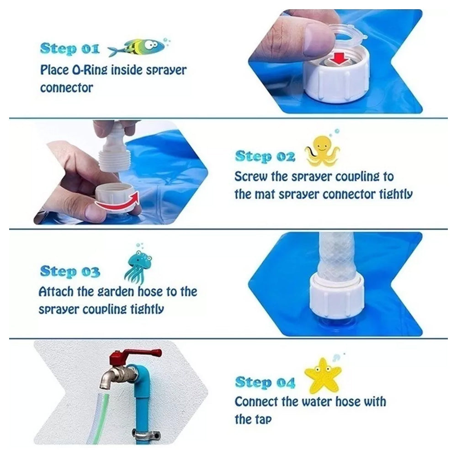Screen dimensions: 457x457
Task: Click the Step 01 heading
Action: point(69,48)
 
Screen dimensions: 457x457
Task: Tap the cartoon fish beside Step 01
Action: point(137,47)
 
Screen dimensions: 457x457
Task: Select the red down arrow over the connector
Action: point(339,58)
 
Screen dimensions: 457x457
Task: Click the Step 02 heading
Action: point(265,156)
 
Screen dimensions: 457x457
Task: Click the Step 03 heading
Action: point(70,271)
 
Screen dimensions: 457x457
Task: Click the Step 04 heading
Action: point(265,382)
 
